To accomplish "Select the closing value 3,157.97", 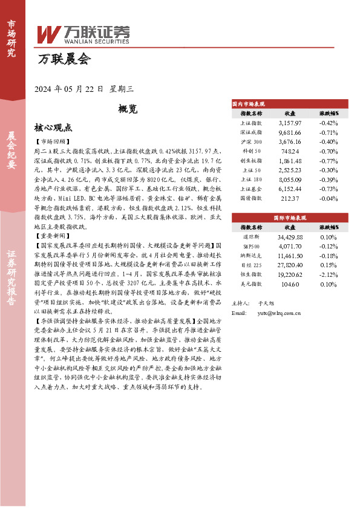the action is tap(290, 123).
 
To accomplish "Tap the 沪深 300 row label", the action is tap(251, 141).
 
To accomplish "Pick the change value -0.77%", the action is tap(329, 161).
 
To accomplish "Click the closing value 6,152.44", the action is tap(290, 189).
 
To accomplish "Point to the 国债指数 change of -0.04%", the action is tap(329, 198).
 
